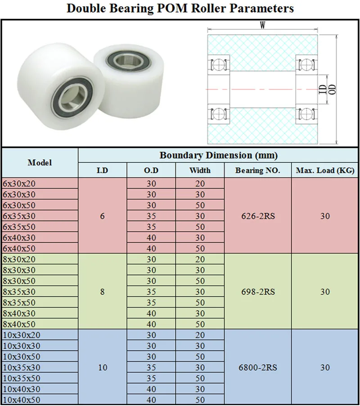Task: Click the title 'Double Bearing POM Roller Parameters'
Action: tap(180, 9)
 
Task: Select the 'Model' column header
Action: tap(40, 162)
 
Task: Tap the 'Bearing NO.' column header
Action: tap(257, 170)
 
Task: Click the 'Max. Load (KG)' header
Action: tap(325, 170)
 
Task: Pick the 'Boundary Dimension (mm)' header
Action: tap(218, 156)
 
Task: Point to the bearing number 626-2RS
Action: tap(257, 216)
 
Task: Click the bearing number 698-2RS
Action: tap(257, 291)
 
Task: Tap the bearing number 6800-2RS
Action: tap(257, 367)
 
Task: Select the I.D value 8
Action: tap(103, 291)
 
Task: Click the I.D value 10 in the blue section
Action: tap(103, 367)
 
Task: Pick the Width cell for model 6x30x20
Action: tap(200, 183)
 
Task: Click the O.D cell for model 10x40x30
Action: tap(151, 389)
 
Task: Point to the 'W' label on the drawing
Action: tap(262, 26)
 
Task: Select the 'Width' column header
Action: tap(200, 170)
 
